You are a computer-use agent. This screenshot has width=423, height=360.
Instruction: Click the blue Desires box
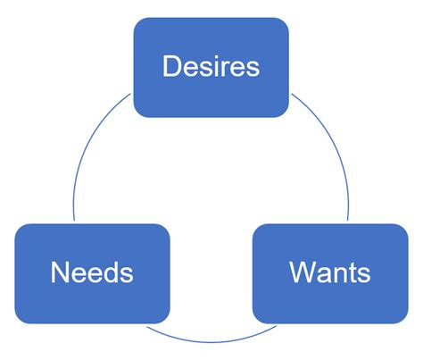coord(211,67)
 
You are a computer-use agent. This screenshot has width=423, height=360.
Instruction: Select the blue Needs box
coord(92,273)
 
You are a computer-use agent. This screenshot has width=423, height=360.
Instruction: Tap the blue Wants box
coord(330,273)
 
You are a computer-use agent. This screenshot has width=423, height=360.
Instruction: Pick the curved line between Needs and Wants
coord(211,342)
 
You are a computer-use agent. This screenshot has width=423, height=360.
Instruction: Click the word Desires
coord(211,66)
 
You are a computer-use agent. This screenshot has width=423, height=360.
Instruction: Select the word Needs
coord(92,272)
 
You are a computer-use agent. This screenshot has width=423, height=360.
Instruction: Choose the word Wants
coord(330,272)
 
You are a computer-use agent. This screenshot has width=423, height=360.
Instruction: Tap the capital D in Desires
coord(171,66)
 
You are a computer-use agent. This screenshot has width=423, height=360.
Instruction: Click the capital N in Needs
coord(60,272)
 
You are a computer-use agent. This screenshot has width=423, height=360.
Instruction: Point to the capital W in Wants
coord(303,272)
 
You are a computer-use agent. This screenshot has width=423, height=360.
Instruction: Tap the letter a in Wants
coord(324,275)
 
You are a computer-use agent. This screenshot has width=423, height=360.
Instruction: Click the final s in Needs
coord(128,275)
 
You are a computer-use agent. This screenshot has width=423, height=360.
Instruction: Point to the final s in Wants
coord(364,275)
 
